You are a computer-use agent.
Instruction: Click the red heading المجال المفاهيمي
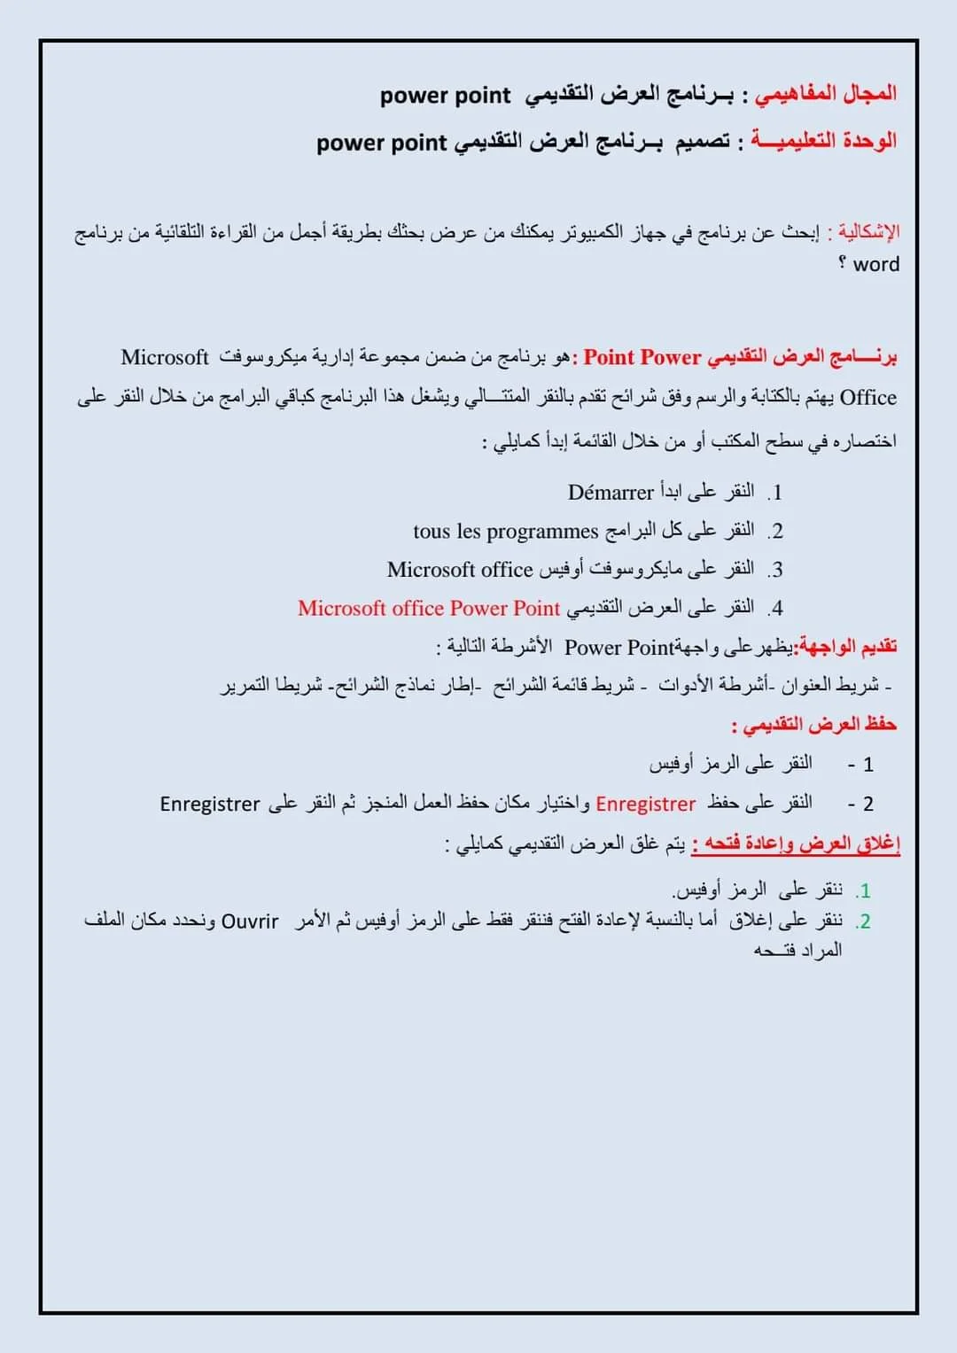[x=825, y=94]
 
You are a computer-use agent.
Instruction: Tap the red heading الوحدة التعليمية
[x=824, y=142]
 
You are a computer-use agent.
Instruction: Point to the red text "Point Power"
[x=642, y=357]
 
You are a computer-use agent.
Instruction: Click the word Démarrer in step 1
[x=611, y=493]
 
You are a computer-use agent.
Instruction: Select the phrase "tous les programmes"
[x=506, y=532]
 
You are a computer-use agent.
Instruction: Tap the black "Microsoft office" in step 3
[x=459, y=570]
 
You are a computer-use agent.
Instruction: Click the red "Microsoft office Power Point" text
[x=429, y=609]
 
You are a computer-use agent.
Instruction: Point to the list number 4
[x=776, y=609]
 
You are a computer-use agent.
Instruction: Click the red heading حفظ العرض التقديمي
[x=814, y=725]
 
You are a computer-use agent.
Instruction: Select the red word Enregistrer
[x=645, y=804]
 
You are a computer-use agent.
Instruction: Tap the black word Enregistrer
[x=210, y=804]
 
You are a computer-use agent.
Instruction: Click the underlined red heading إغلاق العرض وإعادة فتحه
[x=796, y=844]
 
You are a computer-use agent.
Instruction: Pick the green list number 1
[x=865, y=890]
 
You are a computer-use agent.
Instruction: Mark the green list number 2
[x=865, y=921]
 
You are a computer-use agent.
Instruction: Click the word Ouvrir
[x=250, y=921]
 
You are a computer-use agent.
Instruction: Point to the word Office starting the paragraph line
[x=868, y=398]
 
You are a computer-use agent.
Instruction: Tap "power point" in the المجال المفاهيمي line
[x=446, y=95]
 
